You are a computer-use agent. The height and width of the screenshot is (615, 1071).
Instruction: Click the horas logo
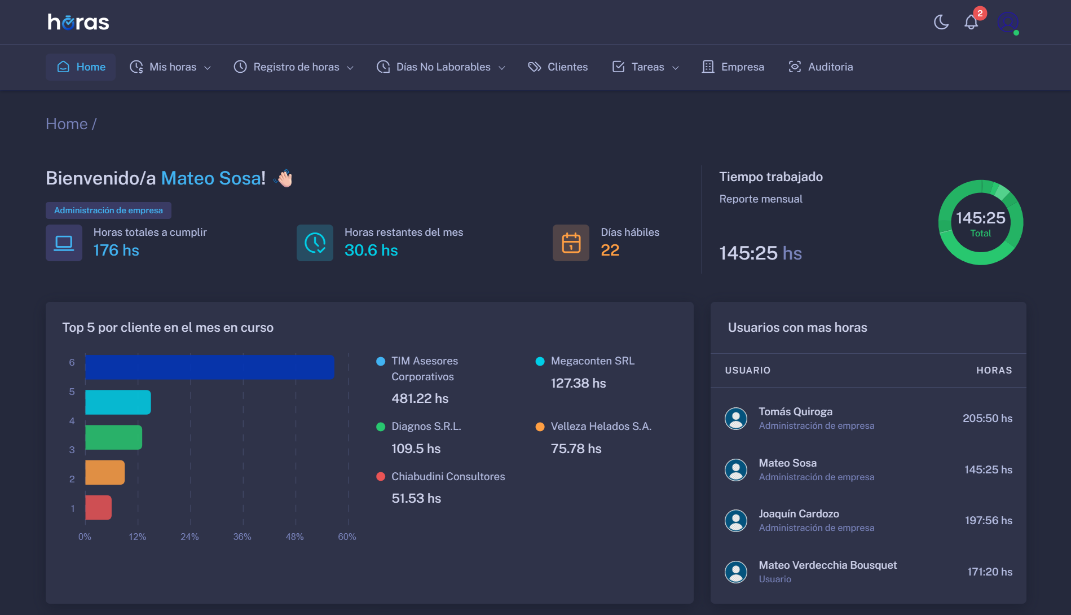pyautogui.click(x=78, y=22)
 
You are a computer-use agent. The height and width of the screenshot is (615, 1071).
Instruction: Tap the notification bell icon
pyautogui.click(x=971, y=22)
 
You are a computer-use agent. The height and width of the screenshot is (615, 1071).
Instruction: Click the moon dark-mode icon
pyautogui.click(x=941, y=22)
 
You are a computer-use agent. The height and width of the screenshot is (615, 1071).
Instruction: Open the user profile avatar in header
pyautogui.click(x=1007, y=22)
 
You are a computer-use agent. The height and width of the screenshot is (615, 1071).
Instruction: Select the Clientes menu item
pyautogui.click(x=558, y=67)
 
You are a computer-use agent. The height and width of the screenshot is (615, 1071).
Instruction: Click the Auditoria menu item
pyautogui.click(x=821, y=67)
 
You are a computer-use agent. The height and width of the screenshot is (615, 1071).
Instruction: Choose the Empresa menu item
pyautogui.click(x=733, y=67)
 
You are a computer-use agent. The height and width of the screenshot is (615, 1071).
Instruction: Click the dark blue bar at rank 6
pyautogui.click(x=209, y=367)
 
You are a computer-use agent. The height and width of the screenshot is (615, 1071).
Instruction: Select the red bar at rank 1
pyautogui.click(x=98, y=507)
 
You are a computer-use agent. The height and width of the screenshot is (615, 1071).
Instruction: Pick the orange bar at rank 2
pyautogui.click(x=105, y=472)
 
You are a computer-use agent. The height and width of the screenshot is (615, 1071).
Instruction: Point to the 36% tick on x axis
pyautogui.click(x=242, y=537)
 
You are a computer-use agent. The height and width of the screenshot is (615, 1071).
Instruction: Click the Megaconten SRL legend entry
pyautogui.click(x=592, y=361)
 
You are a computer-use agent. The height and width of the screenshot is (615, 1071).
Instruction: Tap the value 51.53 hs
pyautogui.click(x=416, y=498)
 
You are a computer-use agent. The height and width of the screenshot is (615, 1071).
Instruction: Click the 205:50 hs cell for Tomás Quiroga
pyautogui.click(x=987, y=418)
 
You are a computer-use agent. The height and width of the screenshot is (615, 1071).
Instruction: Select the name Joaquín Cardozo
pyautogui.click(x=799, y=513)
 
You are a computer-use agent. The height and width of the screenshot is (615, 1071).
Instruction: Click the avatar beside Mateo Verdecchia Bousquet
pyautogui.click(x=735, y=572)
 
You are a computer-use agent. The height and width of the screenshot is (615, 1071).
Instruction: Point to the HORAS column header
pyautogui.click(x=994, y=370)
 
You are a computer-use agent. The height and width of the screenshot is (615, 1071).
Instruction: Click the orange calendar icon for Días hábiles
pyautogui.click(x=571, y=243)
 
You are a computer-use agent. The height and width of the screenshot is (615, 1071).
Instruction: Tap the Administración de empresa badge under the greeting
pyautogui.click(x=108, y=210)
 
